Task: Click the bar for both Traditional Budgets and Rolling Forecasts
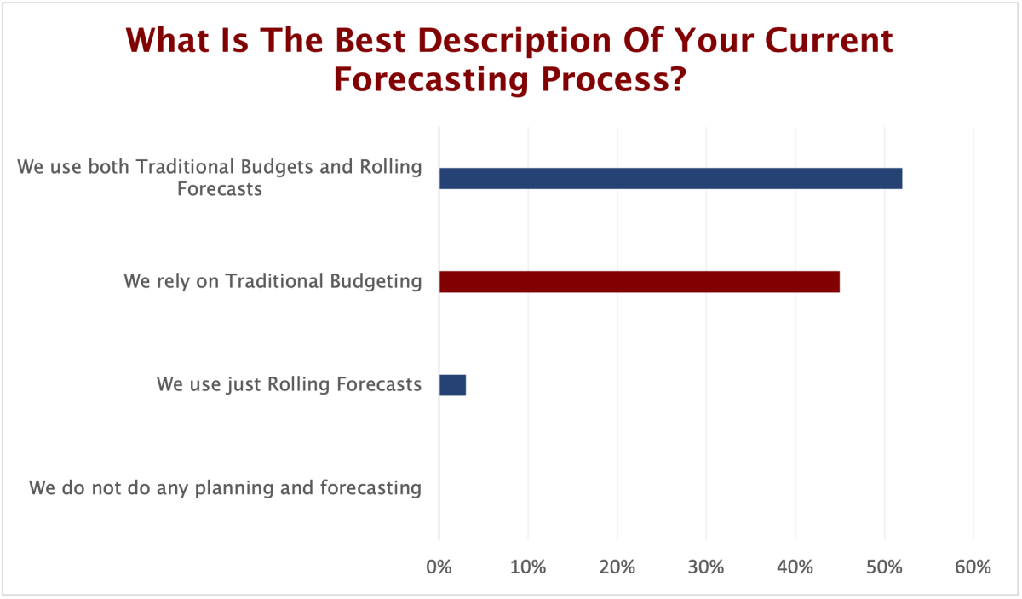click(x=671, y=178)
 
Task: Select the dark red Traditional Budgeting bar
click(x=640, y=281)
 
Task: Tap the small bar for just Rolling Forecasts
click(x=452, y=385)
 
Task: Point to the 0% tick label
click(x=439, y=567)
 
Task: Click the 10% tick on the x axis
click(x=528, y=567)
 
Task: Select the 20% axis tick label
click(x=617, y=567)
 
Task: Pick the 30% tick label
click(x=706, y=567)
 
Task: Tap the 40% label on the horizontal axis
click(x=795, y=567)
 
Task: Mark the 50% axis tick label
click(x=884, y=567)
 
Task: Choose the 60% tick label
click(x=973, y=567)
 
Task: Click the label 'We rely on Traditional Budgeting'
click(x=273, y=281)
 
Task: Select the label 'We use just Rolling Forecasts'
click(x=290, y=384)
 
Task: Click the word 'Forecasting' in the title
click(x=431, y=79)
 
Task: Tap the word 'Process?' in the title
click(x=614, y=79)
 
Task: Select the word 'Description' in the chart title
click(x=514, y=41)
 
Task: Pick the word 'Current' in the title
click(x=829, y=40)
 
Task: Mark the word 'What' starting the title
click(x=168, y=40)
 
